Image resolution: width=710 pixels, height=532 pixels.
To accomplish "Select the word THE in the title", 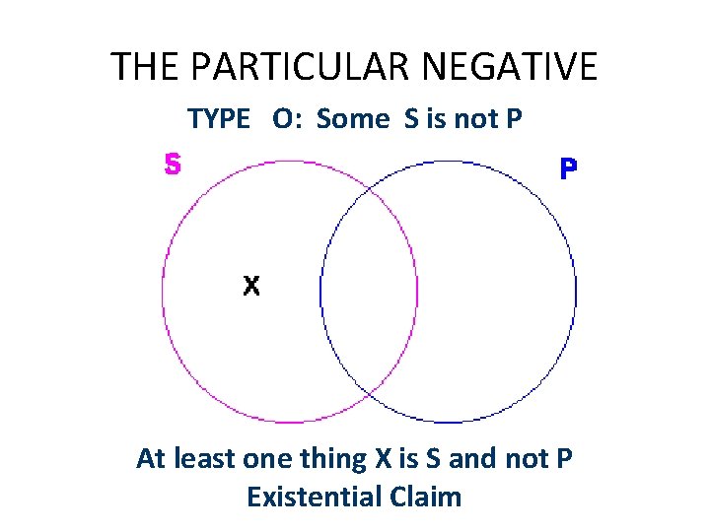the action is coord(146,67).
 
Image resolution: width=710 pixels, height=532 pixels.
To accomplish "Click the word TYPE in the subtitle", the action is coord(219,119).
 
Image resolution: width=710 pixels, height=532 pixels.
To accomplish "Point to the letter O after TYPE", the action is coord(282,119).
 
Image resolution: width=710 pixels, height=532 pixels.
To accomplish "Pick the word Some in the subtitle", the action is coord(354,119).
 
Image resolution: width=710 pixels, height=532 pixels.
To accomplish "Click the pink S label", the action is coord(173,165).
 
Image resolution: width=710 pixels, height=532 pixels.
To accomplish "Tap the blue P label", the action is coord(569,169).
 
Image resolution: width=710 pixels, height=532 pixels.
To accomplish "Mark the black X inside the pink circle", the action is coord(251,286).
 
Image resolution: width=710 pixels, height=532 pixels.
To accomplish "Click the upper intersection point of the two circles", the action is coord(369,187).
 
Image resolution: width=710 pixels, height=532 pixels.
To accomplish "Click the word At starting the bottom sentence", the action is coord(151,459).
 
